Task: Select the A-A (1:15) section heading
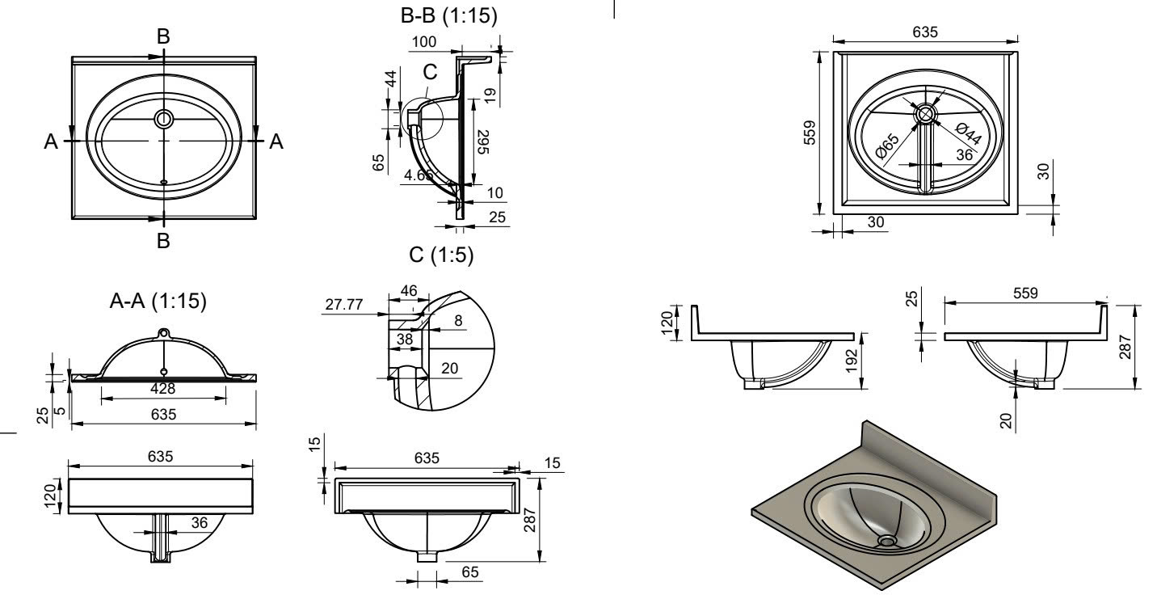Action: [158, 302]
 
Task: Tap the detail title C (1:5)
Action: [441, 255]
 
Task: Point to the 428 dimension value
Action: [163, 390]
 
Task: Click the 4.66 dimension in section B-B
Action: [420, 174]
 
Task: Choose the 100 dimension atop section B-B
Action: [423, 40]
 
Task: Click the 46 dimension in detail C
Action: [409, 289]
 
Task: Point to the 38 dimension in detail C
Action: [404, 340]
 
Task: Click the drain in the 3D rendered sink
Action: [887, 540]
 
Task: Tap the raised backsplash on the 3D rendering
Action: [937, 458]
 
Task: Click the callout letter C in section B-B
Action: [429, 71]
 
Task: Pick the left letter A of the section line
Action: [52, 141]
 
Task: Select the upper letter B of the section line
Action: [164, 36]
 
